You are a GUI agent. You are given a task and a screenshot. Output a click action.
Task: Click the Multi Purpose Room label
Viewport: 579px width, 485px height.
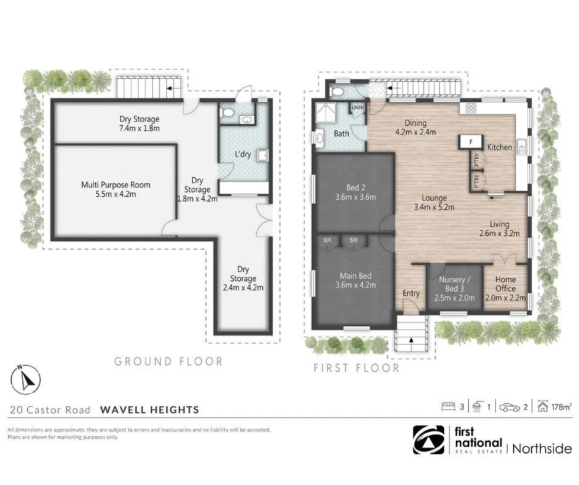(116, 190)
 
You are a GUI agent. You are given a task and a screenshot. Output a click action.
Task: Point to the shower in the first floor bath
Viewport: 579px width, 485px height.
(323, 113)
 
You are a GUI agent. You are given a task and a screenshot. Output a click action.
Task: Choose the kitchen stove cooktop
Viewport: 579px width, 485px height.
(471, 108)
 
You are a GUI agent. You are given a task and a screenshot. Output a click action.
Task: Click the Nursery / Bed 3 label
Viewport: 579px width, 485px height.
(455, 284)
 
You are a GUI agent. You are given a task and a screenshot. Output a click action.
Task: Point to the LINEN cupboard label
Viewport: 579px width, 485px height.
(358, 108)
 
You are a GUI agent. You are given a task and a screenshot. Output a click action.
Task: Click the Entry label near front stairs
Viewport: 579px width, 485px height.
(411, 294)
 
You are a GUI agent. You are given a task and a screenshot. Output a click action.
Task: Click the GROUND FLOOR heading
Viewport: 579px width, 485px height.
(168, 362)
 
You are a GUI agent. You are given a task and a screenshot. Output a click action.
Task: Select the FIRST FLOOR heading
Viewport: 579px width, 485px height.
(357, 368)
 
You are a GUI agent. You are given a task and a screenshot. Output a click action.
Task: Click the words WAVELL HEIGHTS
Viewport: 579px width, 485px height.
(150, 409)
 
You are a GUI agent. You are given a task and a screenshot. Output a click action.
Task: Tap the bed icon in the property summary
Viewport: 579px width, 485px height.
(448, 406)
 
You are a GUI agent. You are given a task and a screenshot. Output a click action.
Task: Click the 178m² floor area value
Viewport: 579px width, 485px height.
(562, 406)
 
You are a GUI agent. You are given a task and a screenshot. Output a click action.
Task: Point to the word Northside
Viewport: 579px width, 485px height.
(543, 448)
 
